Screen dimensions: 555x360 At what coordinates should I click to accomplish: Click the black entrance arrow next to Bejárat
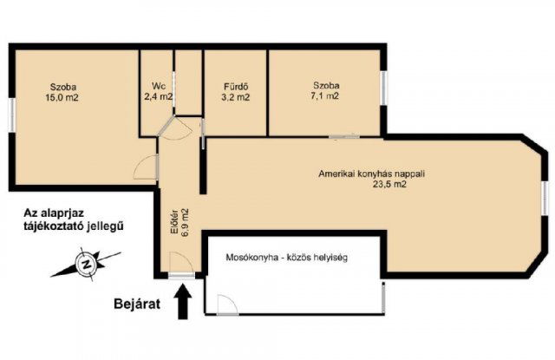click(x=183, y=302)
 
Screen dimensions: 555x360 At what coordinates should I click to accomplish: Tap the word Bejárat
click(x=137, y=304)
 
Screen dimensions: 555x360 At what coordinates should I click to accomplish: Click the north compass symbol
click(x=86, y=264)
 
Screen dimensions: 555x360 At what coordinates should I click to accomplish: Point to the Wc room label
click(x=158, y=86)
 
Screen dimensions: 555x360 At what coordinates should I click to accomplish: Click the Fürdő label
click(x=236, y=87)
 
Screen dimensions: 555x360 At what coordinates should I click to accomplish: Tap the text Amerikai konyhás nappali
click(x=372, y=173)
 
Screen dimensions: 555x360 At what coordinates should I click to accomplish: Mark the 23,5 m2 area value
click(x=389, y=184)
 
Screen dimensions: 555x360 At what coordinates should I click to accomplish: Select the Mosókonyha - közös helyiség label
click(x=287, y=258)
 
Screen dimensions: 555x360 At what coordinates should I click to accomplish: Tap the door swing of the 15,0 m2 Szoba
click(x=146, y=167)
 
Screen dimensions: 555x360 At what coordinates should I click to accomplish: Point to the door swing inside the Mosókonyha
click(x=227, y=304)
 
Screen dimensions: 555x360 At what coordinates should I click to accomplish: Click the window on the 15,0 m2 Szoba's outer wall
click(x=12, y=115)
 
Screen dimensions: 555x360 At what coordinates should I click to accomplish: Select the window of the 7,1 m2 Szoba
click(x=383, y=88)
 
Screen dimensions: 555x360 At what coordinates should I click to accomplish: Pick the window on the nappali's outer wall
click(x=545, y=198)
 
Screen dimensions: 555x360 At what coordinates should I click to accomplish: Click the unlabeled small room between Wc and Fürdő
click(x=189, y=82)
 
